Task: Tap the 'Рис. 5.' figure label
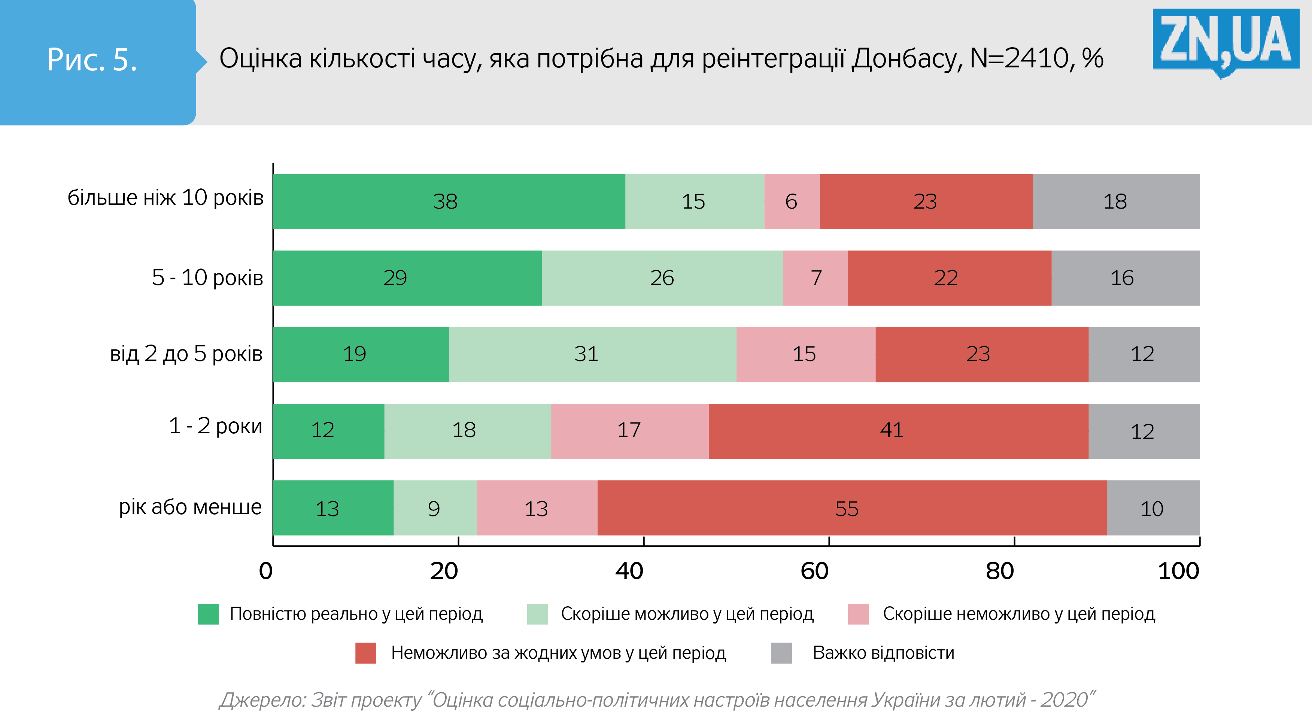click(92, 60)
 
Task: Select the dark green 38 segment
click(449, 201)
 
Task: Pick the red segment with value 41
click(898, 431)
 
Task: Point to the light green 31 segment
click(592, 354)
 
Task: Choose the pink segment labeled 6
click(792, 201)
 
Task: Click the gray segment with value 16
click(1125, 277)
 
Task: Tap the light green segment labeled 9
click(435, 507)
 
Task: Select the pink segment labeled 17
click(629, 431)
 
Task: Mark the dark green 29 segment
click(407, 277)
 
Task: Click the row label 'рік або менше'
click(190, 507)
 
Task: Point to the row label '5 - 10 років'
click(207, 277)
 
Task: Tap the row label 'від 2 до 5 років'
click(186, 354)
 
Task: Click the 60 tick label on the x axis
click(814, 571)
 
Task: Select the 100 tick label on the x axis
click(1178, 571)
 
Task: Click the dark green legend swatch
click(208, 614)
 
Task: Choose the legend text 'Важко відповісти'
click(883, 653)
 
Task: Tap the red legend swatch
click(366, 653)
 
